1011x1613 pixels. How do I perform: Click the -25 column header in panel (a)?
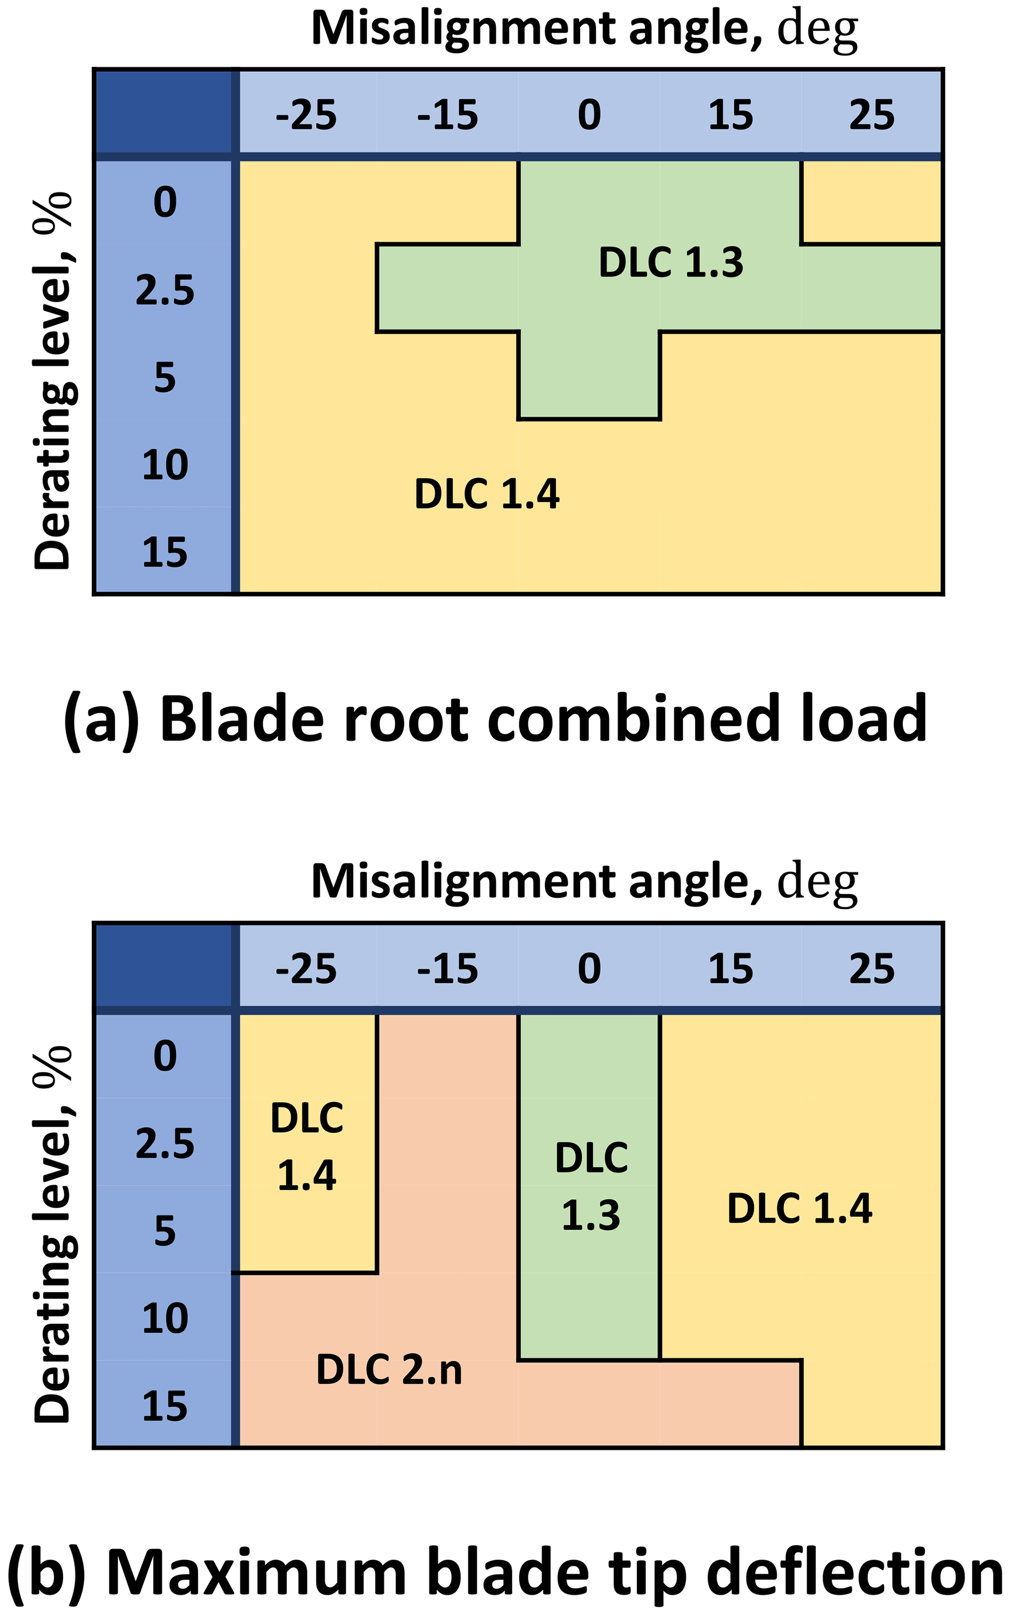tap(306, 115)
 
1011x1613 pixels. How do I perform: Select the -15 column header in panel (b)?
tap(448, 969)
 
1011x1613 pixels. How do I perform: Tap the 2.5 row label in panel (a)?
tap(164, 290)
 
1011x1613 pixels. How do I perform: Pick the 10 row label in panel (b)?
tap(164, 1318)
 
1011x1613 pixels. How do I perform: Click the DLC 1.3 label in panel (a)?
tap(671, 262)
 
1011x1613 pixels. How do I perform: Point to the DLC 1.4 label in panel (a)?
tap(487, 494)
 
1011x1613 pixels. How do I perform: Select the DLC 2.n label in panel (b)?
tap(389, 1369)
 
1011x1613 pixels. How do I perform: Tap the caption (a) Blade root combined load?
tap(495, 720)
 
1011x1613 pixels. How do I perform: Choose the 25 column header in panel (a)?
tap(872, 115)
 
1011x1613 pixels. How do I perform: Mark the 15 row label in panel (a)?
tap(164, 553)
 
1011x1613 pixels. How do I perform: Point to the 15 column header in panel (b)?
tap(730, 969)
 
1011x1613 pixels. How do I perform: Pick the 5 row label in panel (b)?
tap(164, 1231)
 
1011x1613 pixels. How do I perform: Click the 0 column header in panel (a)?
tap(589, 115)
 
